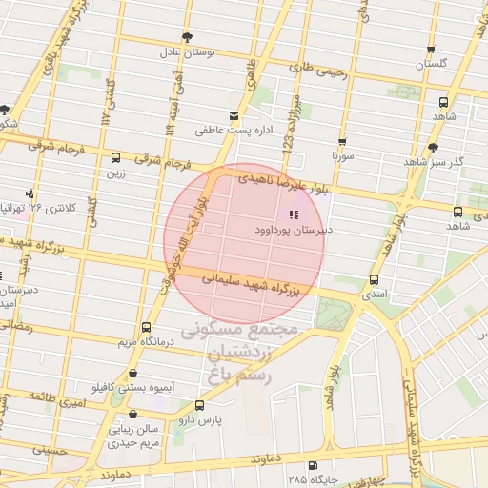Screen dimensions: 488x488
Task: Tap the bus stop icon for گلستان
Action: click(431, 51)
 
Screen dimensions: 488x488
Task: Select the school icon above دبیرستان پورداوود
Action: click(293, 215)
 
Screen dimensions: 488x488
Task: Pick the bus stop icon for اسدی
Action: click(373, 280)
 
